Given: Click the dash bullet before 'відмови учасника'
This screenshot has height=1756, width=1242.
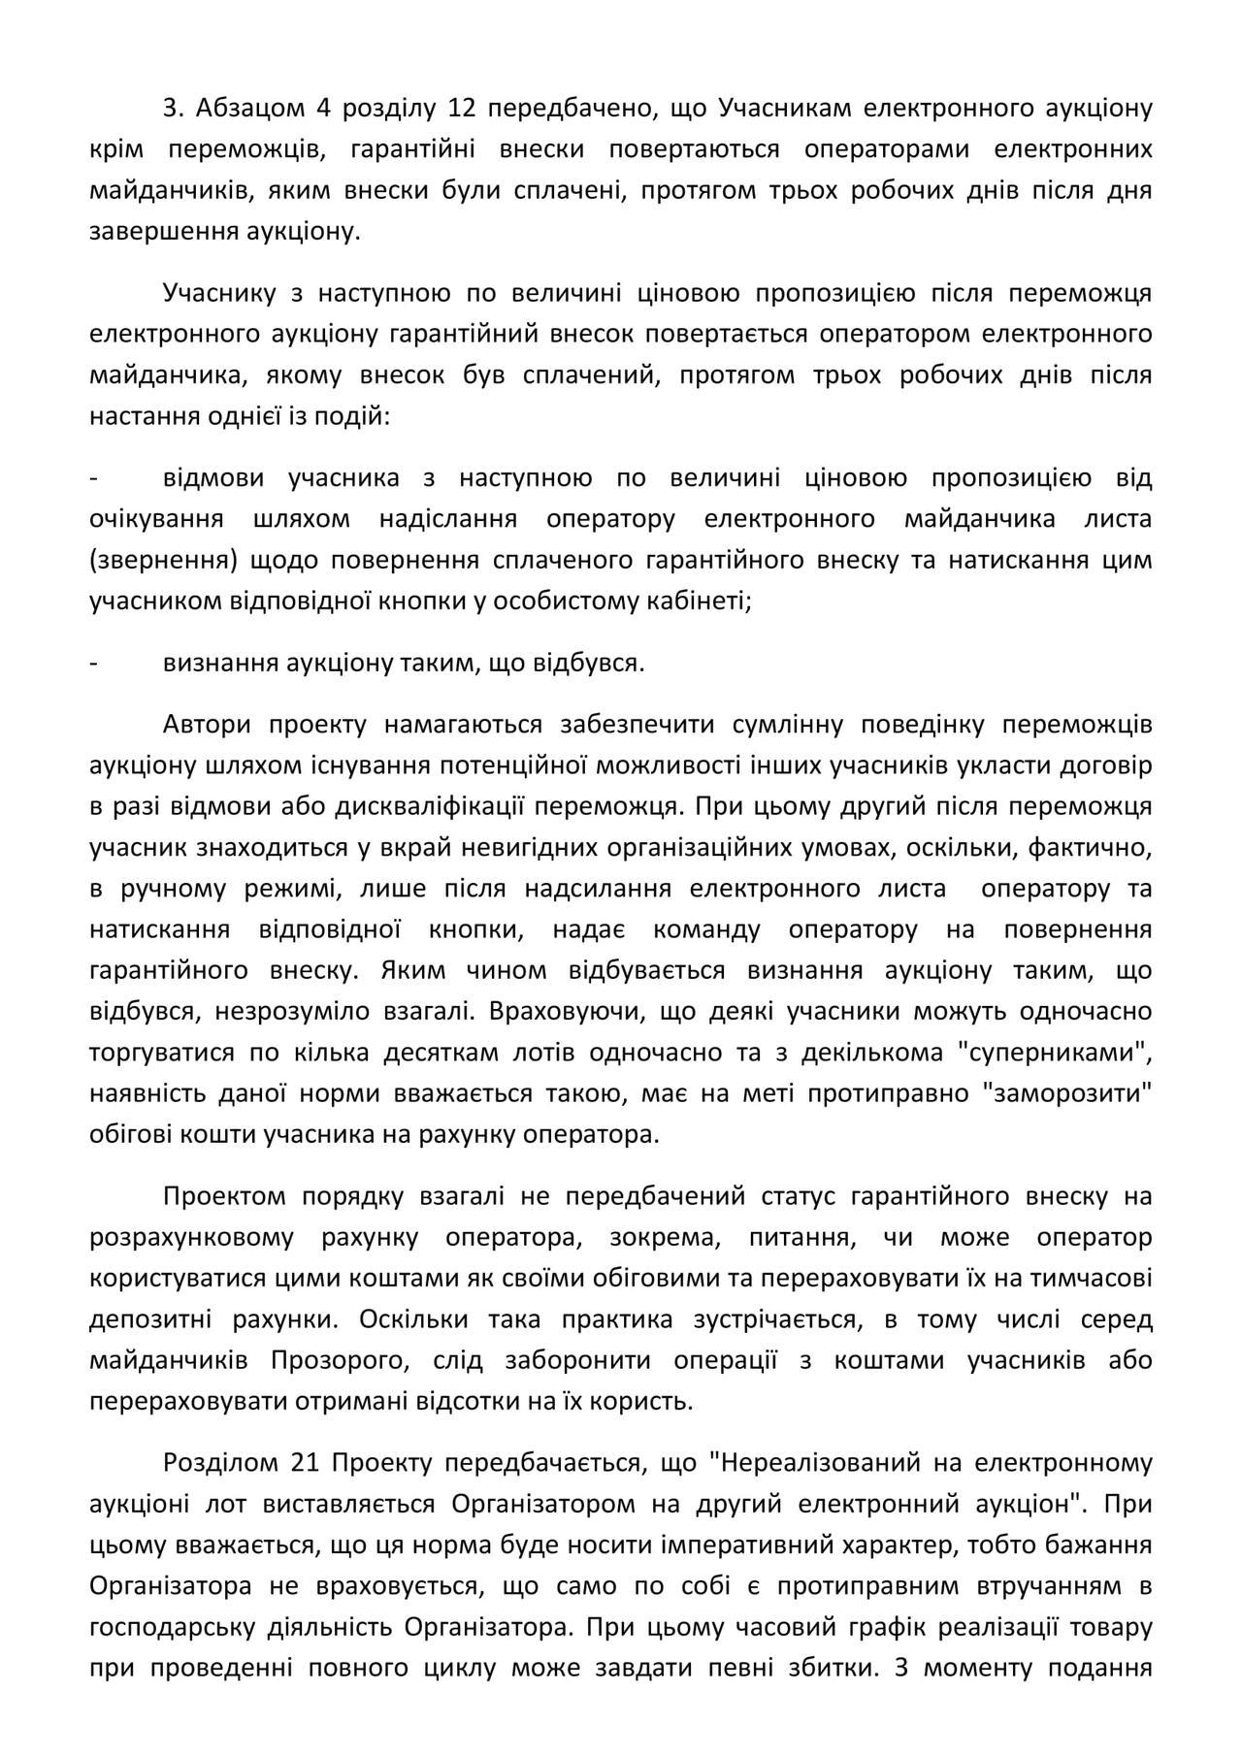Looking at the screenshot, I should pyautogui.click(x=94, y=478).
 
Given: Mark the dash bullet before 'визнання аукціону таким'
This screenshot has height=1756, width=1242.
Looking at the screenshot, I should pyautogui.click(x=94, y=664).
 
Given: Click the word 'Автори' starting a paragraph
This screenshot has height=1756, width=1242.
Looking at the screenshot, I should pyautogui.click(x=208, y=725).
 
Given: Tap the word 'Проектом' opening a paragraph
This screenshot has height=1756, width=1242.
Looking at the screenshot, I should pyautogui.click(x=222, y=1196).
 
